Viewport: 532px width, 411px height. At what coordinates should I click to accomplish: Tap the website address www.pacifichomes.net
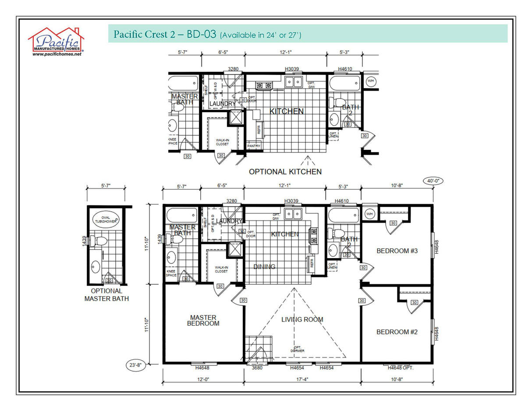click(57, 54)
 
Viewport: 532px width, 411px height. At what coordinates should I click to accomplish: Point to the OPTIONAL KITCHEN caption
click(285, 172)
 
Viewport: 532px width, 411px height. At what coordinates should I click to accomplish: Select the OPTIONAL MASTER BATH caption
click(106, 295)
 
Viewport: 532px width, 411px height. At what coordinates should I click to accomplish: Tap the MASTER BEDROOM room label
click(203, 320)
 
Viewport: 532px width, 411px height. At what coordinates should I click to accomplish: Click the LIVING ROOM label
click(302, 319)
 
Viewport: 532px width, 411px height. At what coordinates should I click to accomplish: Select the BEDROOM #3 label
click(397, 251)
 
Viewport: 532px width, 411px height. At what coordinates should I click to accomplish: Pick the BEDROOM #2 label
click(397, 332)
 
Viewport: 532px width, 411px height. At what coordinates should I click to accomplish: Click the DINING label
click(264, 266)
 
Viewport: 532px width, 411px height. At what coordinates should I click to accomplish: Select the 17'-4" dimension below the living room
click(302, 379)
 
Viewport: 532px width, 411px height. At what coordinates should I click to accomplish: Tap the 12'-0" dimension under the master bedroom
click(203, 379)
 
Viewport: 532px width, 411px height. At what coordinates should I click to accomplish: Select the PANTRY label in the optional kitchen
click(253, 146)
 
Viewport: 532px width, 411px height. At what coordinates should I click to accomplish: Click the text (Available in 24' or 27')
click(260, 35)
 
